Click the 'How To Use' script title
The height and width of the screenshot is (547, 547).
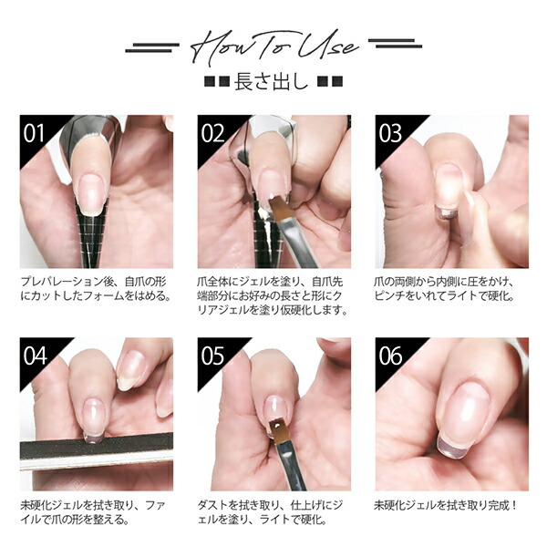pyautogui.click(x=273, y=46)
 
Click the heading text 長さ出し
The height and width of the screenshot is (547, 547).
pyautogui.click(x=273, y=82)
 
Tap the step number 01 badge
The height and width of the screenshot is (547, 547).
pyautogui.click(x=35, y=133)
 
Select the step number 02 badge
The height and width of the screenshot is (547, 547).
pyautogui.click(x=212, y=133)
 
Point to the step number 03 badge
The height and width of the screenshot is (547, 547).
pyautogui.click(x=390, y=133)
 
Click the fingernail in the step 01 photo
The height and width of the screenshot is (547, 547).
pyautogui.click(x=92, y=192)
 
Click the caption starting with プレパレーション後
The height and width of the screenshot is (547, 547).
pyautogui.click(x=96, y=288)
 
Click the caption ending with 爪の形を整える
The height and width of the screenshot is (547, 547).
pyautogui.click(x=96, y=512)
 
